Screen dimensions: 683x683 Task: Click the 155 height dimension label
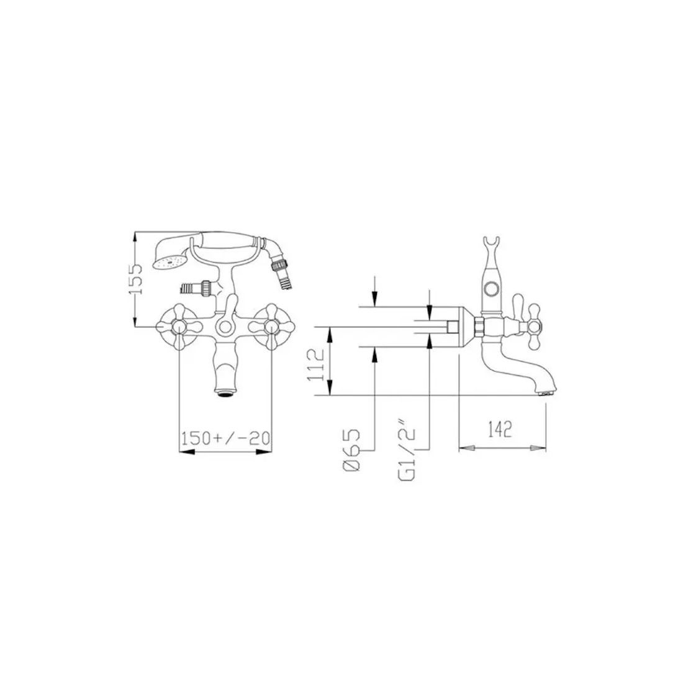(x=136, y=279)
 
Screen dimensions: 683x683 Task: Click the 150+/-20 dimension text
(x=225, y=438)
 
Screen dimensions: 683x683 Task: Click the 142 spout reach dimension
(x=499, y=430)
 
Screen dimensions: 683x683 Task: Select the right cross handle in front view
(x=271, y=326)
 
